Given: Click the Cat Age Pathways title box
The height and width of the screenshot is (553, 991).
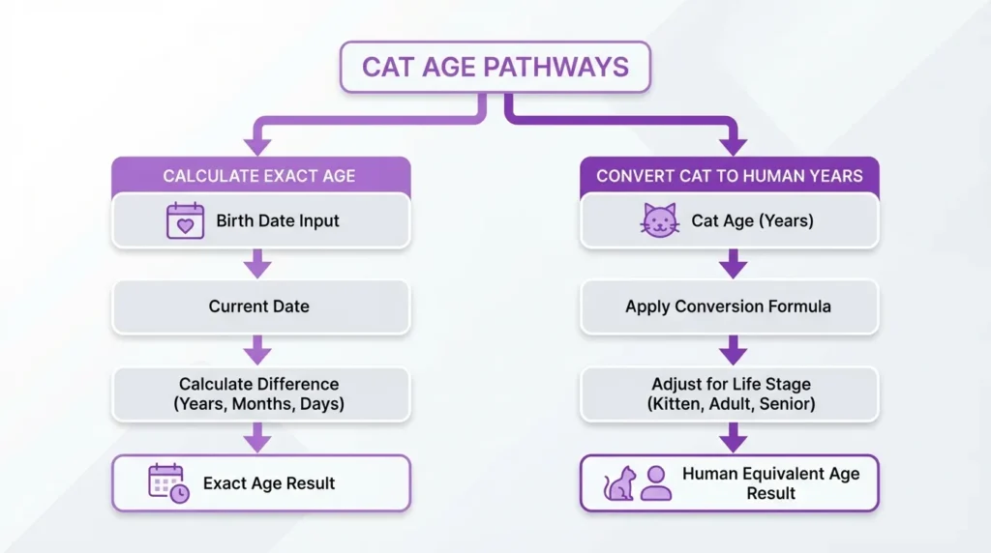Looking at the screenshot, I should [495, 67].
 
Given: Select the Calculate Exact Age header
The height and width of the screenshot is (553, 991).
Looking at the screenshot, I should [258, 176].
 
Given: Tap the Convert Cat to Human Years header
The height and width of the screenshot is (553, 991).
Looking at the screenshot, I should [729, 176].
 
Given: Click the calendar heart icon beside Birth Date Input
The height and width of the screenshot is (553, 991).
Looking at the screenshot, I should [185, 220].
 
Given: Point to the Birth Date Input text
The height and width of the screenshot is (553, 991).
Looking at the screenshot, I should [278, 220].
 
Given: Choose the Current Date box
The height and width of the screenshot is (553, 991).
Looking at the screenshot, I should [258, 306].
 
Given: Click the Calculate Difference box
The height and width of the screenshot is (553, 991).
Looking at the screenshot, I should [258, 393].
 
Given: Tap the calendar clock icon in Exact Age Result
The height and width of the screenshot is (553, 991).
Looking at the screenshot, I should [168, 482].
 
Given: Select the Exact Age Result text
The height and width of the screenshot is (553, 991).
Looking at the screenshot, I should [269, 482].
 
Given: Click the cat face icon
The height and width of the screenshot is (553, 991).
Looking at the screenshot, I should [659, 220].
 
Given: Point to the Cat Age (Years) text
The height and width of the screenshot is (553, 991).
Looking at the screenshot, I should [752, 220].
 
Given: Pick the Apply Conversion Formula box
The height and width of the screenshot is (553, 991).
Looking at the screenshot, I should [729, 306].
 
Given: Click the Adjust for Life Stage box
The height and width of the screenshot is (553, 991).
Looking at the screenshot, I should [729, 393].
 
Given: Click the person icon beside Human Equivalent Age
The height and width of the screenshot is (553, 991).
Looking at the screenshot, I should [655, 482].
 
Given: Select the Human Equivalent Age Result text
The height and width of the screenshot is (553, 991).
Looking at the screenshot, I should [770, 482].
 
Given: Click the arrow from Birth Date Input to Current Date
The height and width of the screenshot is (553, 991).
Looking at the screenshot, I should [257, 263].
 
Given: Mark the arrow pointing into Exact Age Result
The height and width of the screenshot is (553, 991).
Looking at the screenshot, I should [257, 439].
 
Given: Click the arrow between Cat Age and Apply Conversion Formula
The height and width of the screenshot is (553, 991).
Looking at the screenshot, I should [733, 263].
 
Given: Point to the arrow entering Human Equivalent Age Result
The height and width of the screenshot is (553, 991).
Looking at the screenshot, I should [733, 439].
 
